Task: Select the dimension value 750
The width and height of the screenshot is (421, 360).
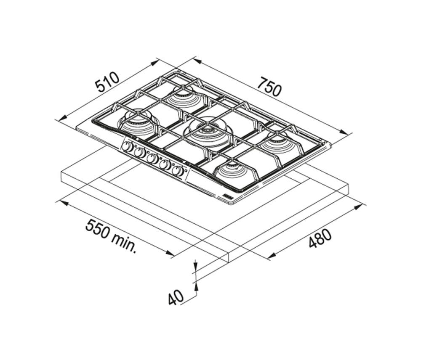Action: [x=269, y=86]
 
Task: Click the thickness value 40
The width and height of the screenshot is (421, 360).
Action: [x=176, y=297]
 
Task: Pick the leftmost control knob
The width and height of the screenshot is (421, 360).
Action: [x=127, y=147]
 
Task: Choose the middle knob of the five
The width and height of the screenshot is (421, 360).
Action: [x=152, y=159]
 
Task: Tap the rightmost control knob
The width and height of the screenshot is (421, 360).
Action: [x=178, y=171]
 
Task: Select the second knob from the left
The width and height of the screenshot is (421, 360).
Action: [x=140, y=153]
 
